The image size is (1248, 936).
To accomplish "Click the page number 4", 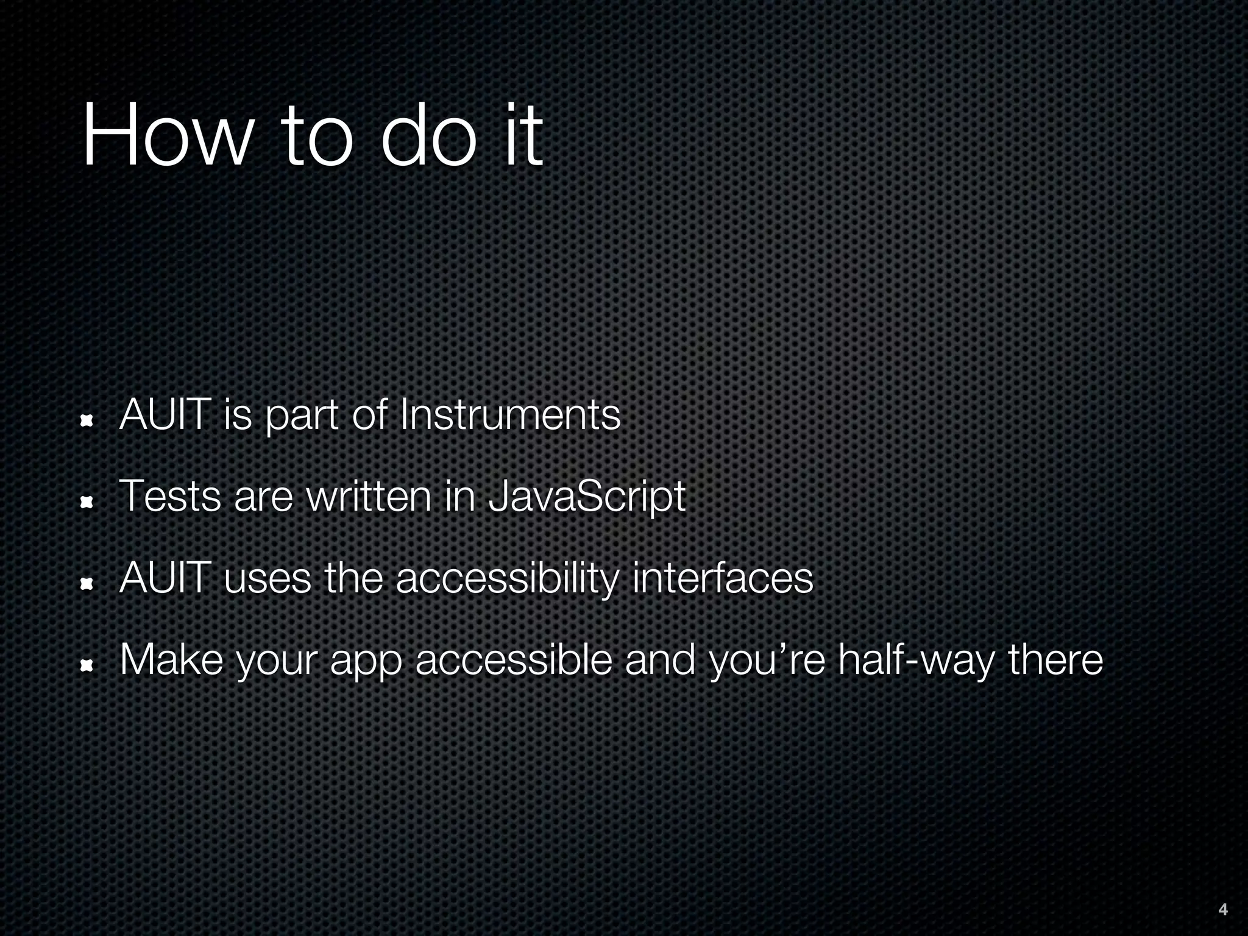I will [1222, 910].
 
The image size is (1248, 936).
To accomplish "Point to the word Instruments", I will [509, 415].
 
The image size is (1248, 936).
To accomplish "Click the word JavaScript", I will [587, 497].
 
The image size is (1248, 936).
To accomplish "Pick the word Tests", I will [170, 497].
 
